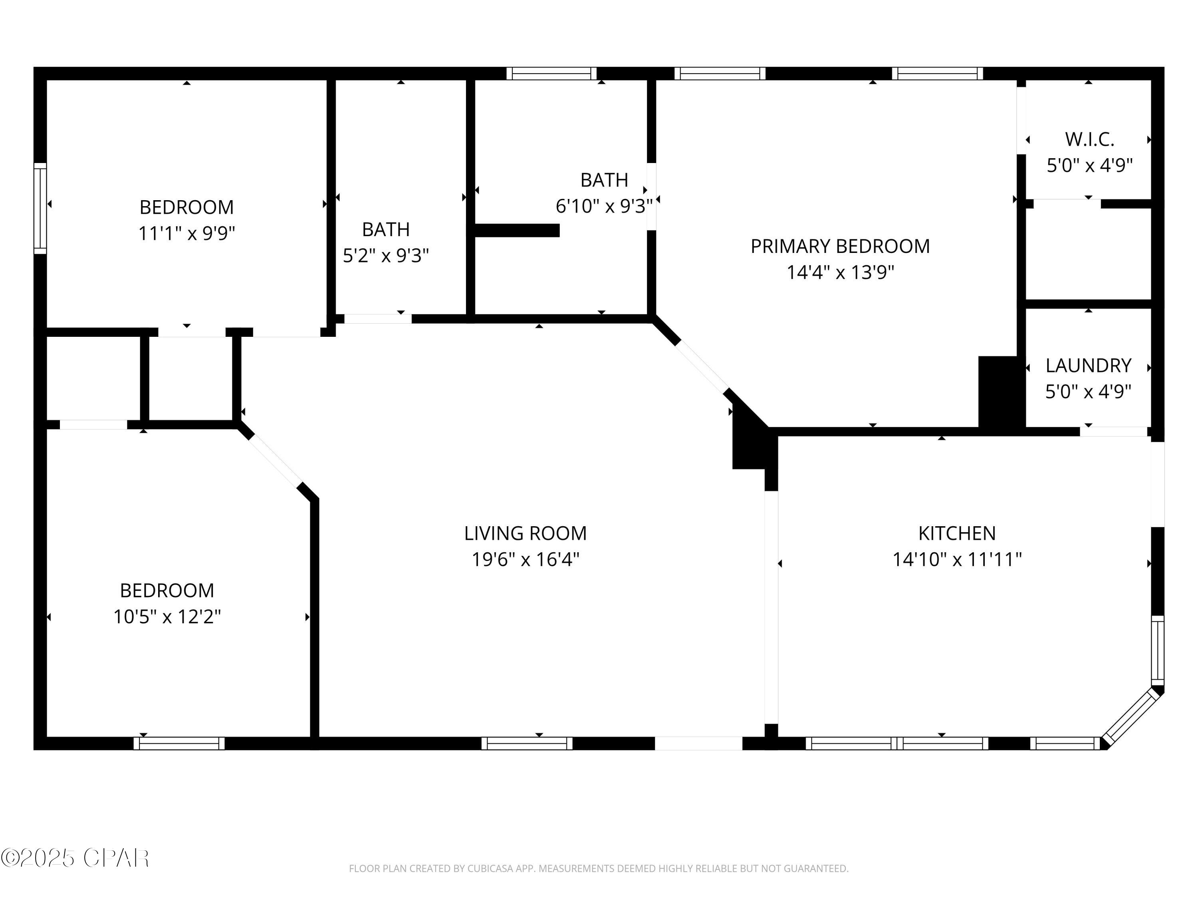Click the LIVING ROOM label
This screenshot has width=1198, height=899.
coord(525,533)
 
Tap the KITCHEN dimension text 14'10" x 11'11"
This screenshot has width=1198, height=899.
coord(956,559)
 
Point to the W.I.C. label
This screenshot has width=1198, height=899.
coord(1089,139)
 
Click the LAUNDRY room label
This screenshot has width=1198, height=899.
coord(1088,366)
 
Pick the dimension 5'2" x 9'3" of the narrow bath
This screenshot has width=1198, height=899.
coord(386,255)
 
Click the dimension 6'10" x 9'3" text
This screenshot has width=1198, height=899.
coord(604,206)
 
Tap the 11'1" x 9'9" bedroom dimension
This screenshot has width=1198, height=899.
coord(186,234)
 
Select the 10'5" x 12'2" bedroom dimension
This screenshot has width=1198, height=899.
coord(167,617)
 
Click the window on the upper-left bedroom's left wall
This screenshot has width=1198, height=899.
coord(40,208)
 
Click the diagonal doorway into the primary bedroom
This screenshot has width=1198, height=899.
coord(702,366)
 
